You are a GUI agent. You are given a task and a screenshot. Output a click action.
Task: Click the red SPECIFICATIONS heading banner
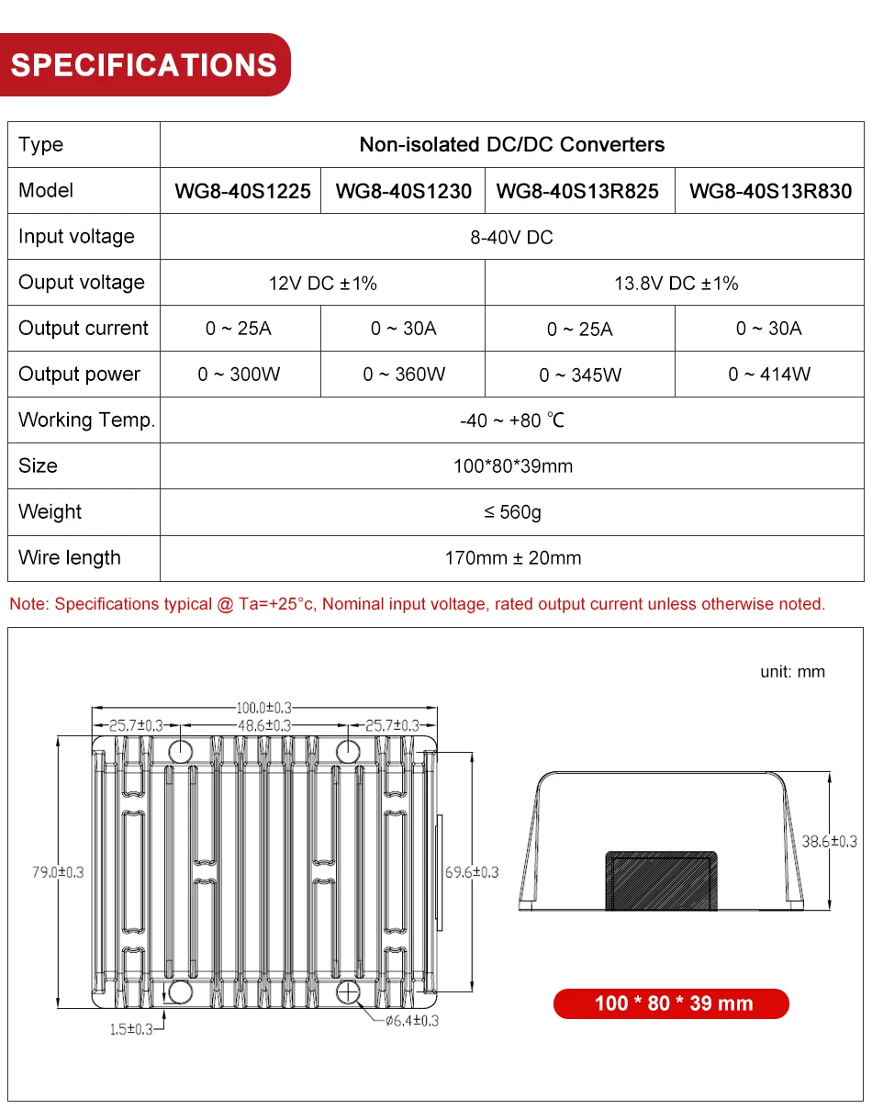[x=144, y=65]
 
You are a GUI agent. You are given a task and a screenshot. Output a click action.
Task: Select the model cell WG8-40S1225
[x=242, y=191]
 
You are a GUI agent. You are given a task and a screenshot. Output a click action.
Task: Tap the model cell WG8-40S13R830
[x=770, y=191]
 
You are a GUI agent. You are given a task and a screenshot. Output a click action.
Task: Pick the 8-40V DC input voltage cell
[x=511, y=237]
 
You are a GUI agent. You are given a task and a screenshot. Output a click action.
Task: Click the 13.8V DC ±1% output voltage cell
[x=676, y=283]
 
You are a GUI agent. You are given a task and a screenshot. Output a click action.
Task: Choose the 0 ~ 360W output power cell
[x=404, y=375]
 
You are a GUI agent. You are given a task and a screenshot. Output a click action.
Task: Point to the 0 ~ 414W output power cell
[x=769, y=375]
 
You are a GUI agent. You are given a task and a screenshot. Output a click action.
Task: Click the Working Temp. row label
[x=86, y=420]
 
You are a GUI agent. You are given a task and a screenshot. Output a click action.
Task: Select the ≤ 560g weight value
[x=512, y=512]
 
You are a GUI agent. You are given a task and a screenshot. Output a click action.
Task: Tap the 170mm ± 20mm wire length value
[x=512, y=558]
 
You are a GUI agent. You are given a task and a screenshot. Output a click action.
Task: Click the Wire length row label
[x=70, y=558]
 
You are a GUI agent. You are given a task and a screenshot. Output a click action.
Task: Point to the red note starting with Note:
[x=417, y=604]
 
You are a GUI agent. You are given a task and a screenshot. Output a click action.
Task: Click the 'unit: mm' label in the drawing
[x=792, y=672]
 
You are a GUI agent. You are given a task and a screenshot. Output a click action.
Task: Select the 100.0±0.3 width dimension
[x=264, y=708]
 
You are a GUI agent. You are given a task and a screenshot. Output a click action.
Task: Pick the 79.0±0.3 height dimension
[x=57, y=871]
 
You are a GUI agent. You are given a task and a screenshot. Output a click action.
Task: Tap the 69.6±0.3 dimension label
[x=472, y=871]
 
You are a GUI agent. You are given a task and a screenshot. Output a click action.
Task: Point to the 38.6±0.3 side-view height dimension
[x=830, y=841]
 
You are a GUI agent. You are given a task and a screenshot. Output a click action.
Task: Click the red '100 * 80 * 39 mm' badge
[x=672, y=1003]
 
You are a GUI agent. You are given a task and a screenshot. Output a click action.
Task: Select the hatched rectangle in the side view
[x=660, y=879]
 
